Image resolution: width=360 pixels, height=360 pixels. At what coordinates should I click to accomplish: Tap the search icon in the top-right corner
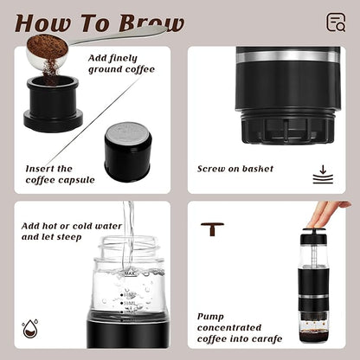[336, 22]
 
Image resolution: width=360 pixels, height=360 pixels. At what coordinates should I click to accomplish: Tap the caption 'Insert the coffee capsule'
[51, 175]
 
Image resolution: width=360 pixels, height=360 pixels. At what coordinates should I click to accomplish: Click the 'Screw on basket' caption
[235, 169]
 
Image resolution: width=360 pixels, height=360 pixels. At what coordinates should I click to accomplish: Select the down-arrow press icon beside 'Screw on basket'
[320, 176]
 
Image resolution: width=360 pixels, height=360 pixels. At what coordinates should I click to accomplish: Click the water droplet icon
[29, 328]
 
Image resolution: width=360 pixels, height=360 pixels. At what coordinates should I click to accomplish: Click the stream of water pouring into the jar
[128, 234]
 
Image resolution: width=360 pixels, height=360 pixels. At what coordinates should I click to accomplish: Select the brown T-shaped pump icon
[212, 228]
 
